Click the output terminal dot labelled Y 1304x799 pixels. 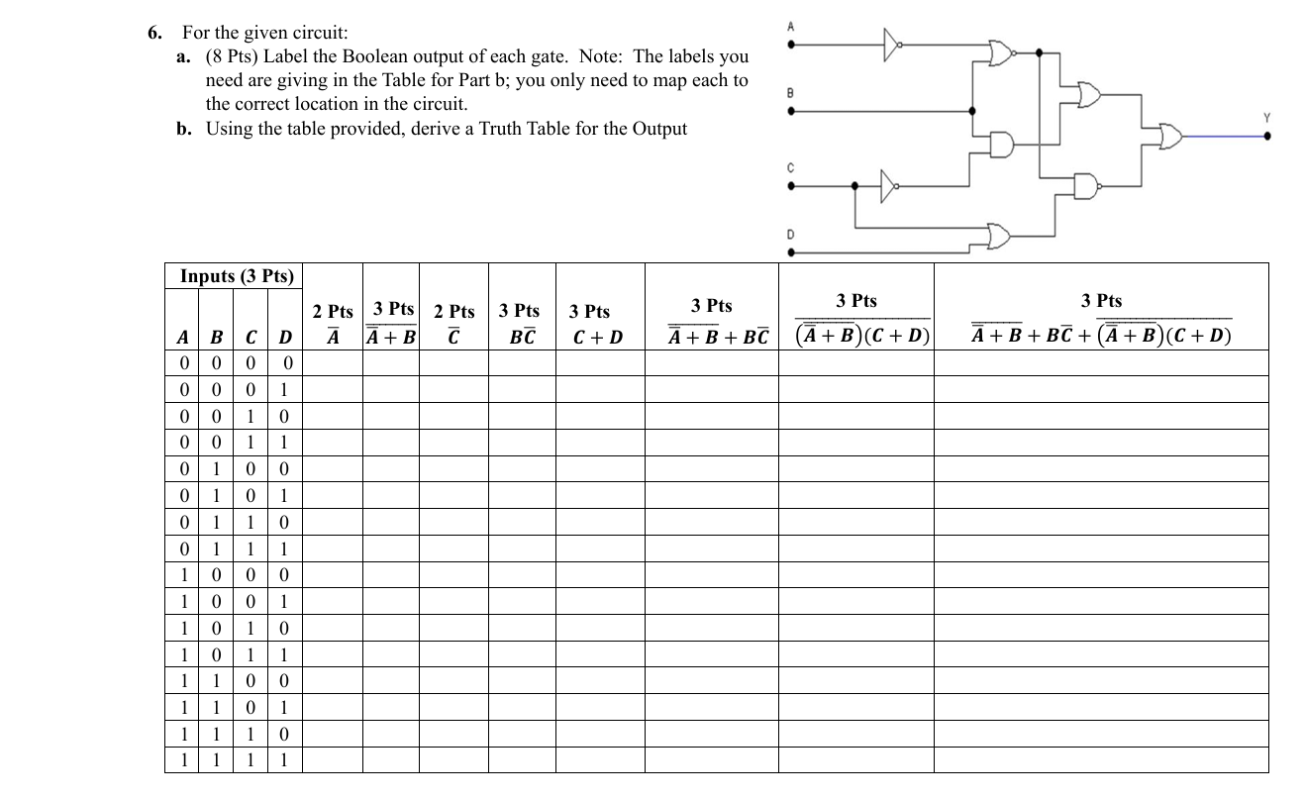tap(1268, 137)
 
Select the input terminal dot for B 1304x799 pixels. tap(790, 111)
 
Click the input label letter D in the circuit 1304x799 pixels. tap(790, 235)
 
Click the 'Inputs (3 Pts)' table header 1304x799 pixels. tap(237, 276)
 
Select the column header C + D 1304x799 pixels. tap(599, 338)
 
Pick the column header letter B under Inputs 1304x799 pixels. tap(212, 338)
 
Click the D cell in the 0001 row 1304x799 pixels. tap(284, 389)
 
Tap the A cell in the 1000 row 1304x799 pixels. tap(182, 574)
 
